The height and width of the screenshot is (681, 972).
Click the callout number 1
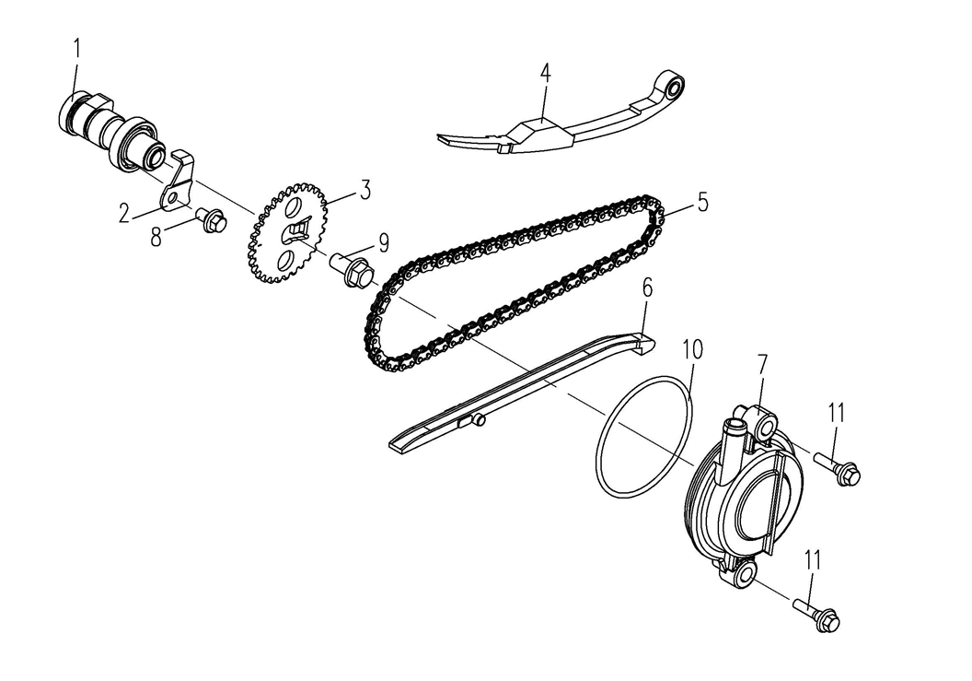(76, 48)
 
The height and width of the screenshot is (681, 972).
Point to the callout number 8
(156, 237)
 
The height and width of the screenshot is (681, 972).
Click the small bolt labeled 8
(210, 221)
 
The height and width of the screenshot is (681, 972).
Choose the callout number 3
(365, 191)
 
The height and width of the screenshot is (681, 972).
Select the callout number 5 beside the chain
(702, 202)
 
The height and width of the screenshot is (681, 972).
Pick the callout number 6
(646, 288)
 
